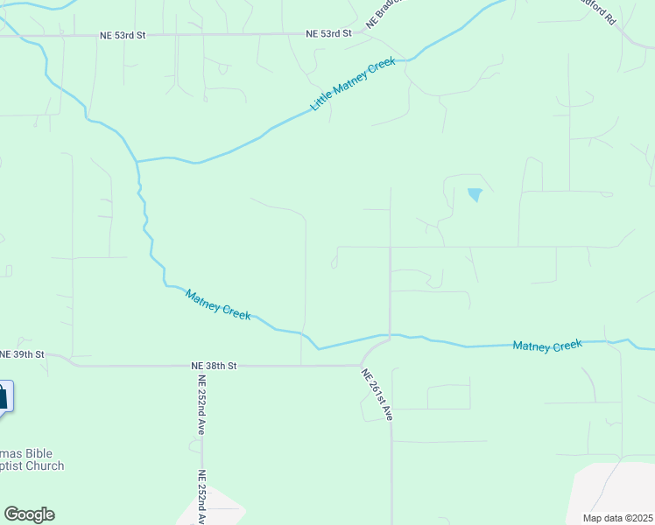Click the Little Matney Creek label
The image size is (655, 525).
tap(353, 84)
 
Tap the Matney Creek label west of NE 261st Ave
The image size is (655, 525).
tap(218, 304)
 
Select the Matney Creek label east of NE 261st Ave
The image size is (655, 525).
tap(547, 346)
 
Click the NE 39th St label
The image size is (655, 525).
tap(22, 353)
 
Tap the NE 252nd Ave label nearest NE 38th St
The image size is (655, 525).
tap(201, 404)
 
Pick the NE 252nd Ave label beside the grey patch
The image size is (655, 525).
tap(201, 496)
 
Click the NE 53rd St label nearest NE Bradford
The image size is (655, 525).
tap(328, 33)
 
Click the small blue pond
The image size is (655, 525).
tap(475, 194)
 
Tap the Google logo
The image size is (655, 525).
tap(29, 514)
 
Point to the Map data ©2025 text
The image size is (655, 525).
tap(617, 518)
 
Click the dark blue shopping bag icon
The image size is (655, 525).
tap(3, 395)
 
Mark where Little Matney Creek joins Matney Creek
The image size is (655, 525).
tap(137, 161)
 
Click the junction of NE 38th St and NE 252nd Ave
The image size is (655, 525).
tap(201, 366)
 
